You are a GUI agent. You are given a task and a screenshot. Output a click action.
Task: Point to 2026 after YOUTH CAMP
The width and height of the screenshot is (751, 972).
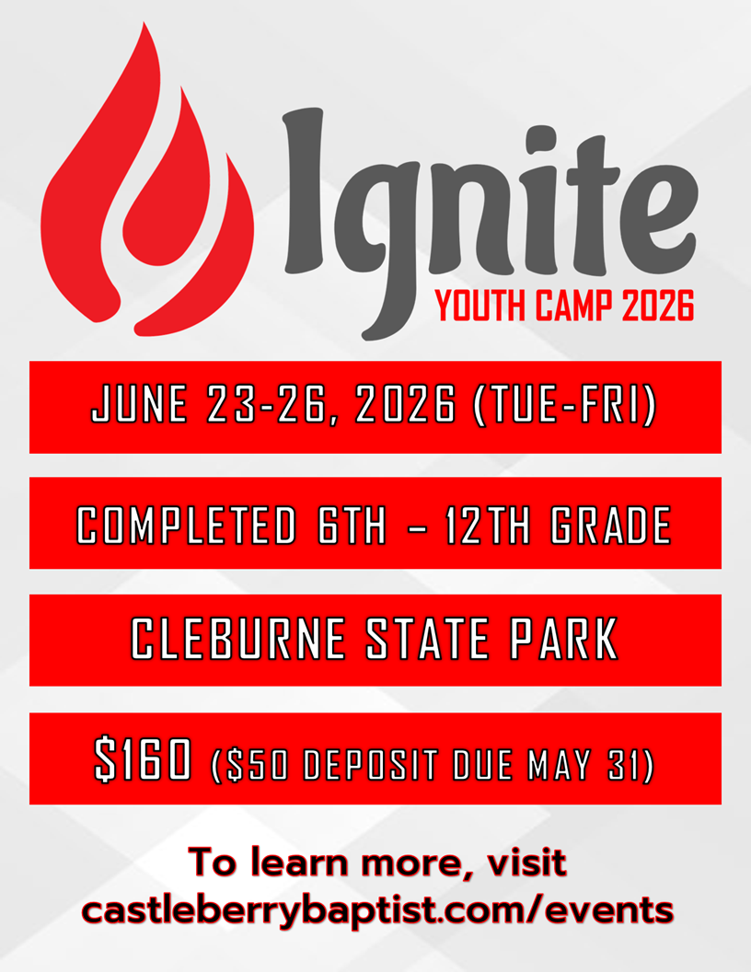pos(657,307)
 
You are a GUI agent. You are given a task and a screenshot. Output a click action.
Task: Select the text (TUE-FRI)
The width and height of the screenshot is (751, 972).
pos(564,407)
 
